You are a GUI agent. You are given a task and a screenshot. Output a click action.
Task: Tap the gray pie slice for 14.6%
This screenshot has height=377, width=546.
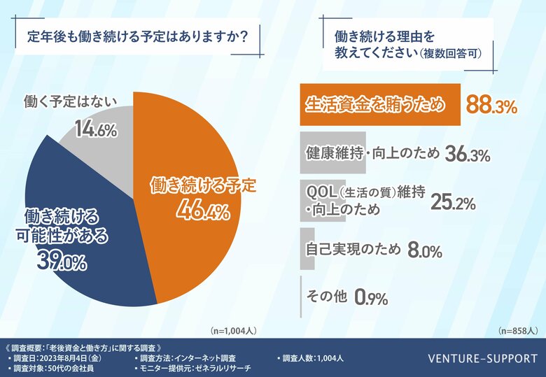coord(98,140)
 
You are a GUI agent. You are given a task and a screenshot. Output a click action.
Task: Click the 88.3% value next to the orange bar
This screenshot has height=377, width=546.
coord(492,106)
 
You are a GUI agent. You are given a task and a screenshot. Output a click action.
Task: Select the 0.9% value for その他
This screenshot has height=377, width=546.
coord(371,298)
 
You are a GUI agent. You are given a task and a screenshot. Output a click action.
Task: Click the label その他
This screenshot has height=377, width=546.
coord(327,296)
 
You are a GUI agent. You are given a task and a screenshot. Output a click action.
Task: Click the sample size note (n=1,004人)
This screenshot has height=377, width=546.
coord(234,329)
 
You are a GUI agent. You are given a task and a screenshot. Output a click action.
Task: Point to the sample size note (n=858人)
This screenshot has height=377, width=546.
coord(517,329)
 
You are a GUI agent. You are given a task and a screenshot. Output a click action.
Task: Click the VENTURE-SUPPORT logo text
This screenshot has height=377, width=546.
coord(478,358)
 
